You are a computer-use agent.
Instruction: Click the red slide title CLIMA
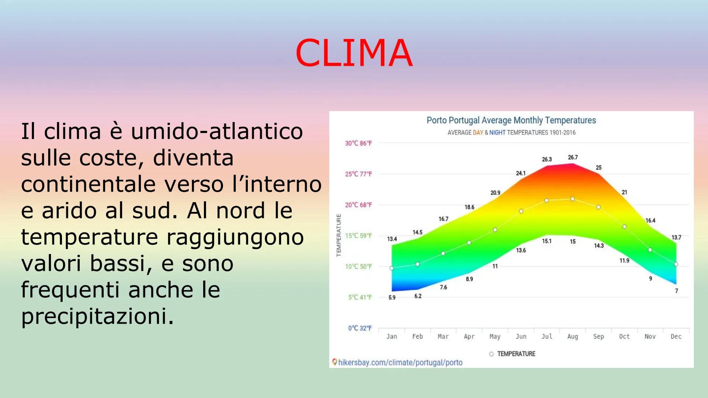click(354, 53)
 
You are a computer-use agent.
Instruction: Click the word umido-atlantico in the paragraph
click(217, 132)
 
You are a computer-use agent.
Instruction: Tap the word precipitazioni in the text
click(97, 316)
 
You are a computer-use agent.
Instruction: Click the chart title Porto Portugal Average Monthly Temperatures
click(511, 121)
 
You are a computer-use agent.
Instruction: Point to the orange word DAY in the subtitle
click(478, 133)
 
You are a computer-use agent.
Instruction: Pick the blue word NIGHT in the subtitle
click(497, 133)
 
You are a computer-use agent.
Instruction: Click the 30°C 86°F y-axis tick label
click(358, 143)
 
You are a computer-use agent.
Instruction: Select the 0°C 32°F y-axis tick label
click(360, 328)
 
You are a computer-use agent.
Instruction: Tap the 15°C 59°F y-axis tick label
click(358, 236)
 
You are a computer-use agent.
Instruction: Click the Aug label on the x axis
click(573, 336)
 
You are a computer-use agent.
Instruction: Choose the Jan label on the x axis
click(392, 336)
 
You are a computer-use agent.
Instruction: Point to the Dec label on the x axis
click(676, 336)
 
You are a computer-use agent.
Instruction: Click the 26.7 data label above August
click(573, 157)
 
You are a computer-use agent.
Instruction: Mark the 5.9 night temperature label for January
click(392, 297)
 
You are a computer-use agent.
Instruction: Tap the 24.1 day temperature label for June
click(521, 173)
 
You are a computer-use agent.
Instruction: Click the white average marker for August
click(573, 199)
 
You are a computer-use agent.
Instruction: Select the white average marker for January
click(392, 268)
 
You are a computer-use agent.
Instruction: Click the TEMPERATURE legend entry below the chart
click(516, 354)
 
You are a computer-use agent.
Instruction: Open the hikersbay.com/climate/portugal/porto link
click(400, 363)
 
